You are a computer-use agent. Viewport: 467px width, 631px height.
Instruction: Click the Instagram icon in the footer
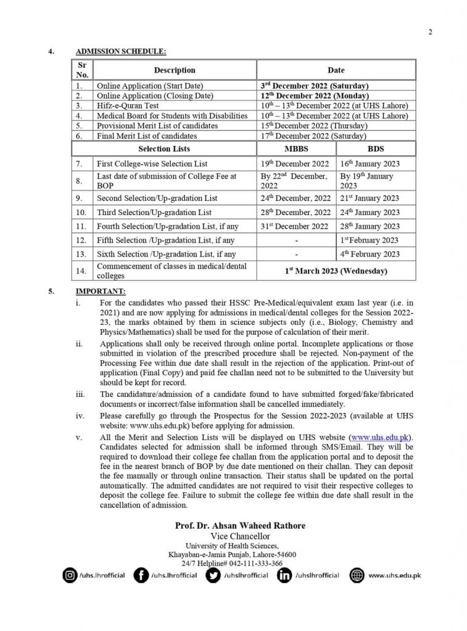pos(70,576)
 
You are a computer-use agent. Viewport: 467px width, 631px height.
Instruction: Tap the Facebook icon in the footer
pos(141,576)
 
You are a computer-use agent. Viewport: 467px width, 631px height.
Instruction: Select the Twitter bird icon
pos(213,576)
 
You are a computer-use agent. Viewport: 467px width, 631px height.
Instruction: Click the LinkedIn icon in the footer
pos(285,576)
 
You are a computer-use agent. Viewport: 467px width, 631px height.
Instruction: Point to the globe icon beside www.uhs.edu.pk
pos(356,576)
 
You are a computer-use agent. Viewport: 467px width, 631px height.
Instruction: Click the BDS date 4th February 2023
pos(370,254)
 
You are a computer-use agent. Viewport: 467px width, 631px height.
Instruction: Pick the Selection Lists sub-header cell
pos(164,149)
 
